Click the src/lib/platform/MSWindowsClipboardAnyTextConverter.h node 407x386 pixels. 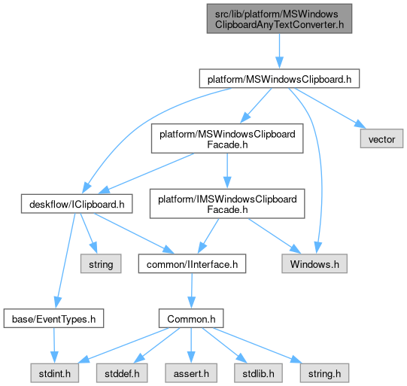point(279,19)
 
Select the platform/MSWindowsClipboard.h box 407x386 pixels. point(279,78)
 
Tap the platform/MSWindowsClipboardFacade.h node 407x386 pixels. point(227,138)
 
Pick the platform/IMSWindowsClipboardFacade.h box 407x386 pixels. point(227,203)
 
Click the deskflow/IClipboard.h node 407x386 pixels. point(77,204)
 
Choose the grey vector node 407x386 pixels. point(381,138)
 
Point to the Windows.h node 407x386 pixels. point(314,263)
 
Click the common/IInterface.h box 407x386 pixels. point(192,263)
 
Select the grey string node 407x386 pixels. point(101,263)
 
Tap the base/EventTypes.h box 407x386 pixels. point(53,318)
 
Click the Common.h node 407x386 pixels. point(191,318)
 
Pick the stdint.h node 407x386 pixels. point(54,373)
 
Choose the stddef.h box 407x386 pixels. point(122,373)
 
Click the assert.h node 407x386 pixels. point(191,373)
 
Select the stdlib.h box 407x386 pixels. point(258,373)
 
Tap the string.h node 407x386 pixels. point(324,373)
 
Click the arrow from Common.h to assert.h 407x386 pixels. point(191,345)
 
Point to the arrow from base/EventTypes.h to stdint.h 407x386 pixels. point(54,345)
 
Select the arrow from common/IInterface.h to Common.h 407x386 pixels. point(192,290)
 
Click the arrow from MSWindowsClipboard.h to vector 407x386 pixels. point(330,108)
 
